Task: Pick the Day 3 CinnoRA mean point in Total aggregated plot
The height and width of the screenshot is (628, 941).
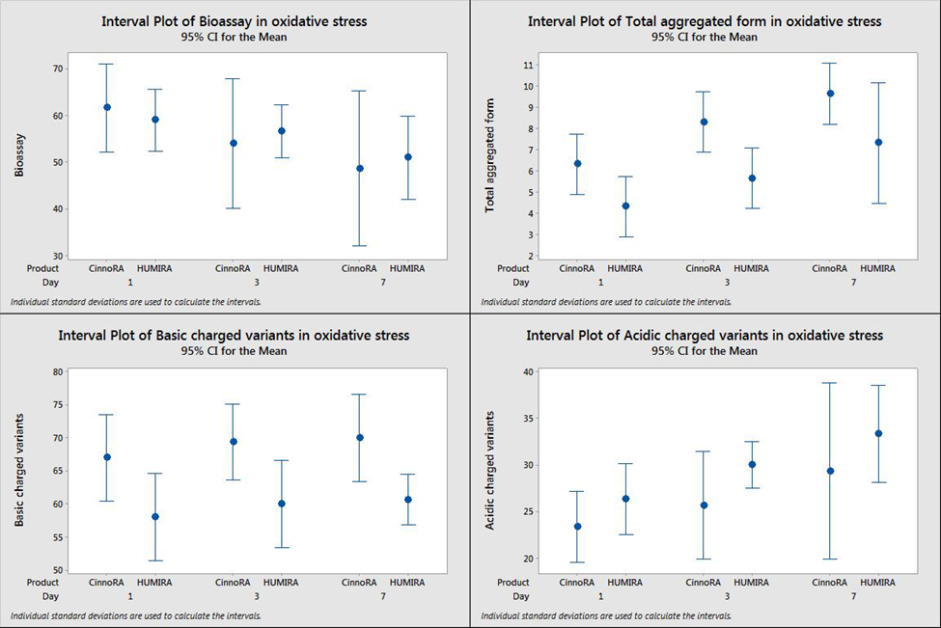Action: pos(704,122)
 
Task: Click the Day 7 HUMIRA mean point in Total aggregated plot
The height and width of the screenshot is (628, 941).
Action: pos(878,143)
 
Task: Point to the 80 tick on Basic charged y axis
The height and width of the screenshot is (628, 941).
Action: pos(57,371)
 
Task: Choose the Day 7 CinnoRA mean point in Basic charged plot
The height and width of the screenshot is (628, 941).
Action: pos(360,437)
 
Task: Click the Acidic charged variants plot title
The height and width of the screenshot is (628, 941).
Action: pos(704,336)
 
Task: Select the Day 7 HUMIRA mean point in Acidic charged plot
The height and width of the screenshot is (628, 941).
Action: pos(878,433)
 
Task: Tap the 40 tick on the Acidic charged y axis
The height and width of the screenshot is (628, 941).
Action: pos(529,371)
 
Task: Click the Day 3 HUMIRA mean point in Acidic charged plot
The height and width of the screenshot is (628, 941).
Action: pos(752,464)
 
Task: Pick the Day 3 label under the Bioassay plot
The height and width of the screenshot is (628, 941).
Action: pos(256,282)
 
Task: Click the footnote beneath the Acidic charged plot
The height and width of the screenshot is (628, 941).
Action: pos(605,615)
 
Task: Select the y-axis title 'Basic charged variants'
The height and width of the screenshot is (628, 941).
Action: pos(19,469)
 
